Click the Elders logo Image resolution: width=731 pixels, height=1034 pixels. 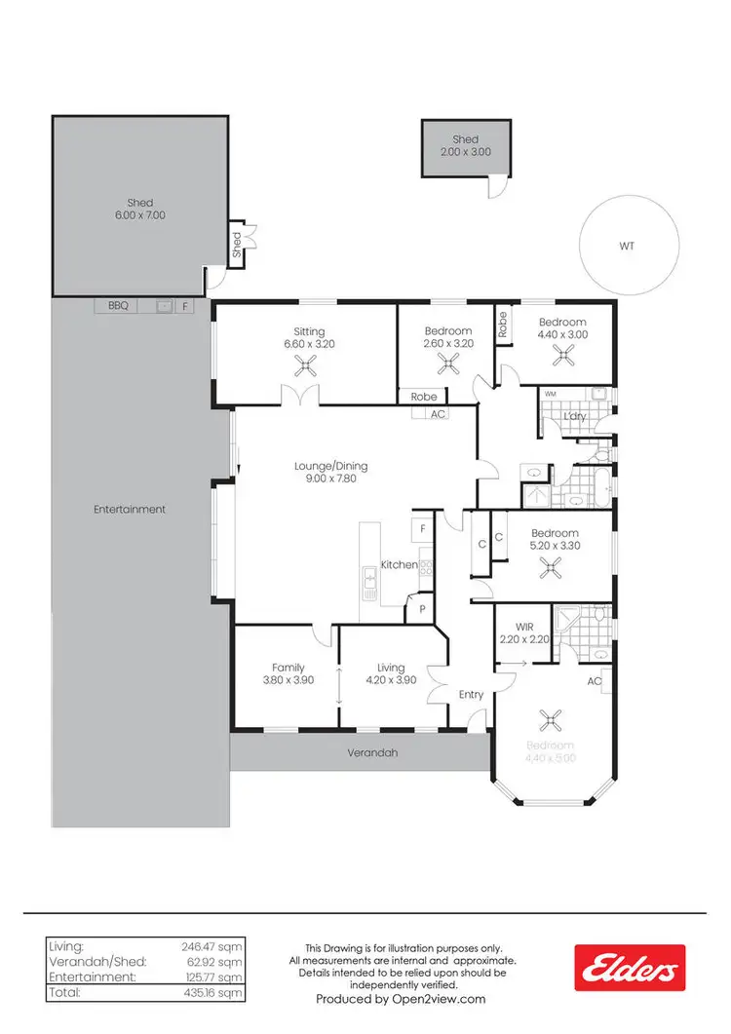(x=629, y=968)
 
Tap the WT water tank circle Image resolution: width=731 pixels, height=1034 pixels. (x=626, y=247)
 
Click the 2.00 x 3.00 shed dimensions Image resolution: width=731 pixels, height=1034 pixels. (x=466, y=152)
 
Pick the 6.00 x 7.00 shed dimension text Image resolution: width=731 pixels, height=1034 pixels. (x=140, y=215)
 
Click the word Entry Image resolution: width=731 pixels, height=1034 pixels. (x=471, y=695)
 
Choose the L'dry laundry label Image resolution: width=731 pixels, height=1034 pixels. (x=575, y=417)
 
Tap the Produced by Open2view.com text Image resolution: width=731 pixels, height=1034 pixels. (x=401, y=999)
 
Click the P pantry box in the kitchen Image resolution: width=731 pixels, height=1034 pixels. (x=422, y=608)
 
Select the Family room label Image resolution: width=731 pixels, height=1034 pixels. (x=289, y=668)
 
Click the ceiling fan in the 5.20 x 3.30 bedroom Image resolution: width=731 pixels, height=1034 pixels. (x=555, y=570)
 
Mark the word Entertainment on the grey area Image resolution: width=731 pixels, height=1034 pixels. (x=130, y=509)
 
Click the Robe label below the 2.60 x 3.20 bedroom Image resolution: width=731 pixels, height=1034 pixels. (x=423, y=397)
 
